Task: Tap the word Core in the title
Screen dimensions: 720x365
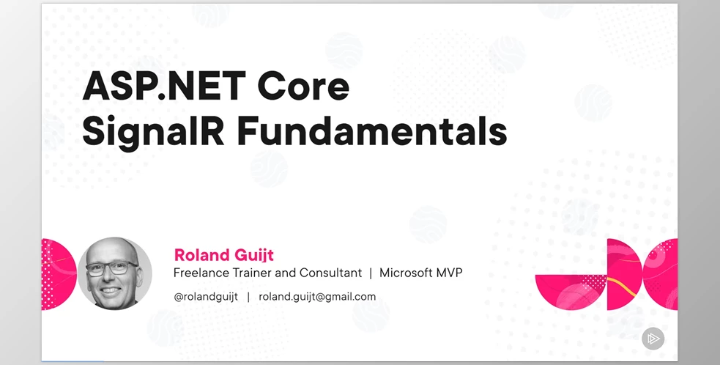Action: click(303, 86)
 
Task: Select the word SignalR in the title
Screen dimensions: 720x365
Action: click(153, 131)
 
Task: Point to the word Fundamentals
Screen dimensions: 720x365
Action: click(372, 130)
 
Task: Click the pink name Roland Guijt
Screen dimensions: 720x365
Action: click(223, 254)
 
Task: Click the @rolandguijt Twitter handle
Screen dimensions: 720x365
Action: click(206, 297)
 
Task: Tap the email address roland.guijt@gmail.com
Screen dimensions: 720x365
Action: click(317, 297)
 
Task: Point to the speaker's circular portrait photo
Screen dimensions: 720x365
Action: click(115, 273)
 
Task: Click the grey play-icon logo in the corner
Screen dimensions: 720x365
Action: click(653, 339)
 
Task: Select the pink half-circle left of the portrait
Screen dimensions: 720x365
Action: click(59, 274)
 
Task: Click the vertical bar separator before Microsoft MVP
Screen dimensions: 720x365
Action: click(371, 273)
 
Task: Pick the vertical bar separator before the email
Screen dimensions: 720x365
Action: click(248, 297)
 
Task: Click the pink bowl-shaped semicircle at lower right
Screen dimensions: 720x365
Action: click(571, 292)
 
